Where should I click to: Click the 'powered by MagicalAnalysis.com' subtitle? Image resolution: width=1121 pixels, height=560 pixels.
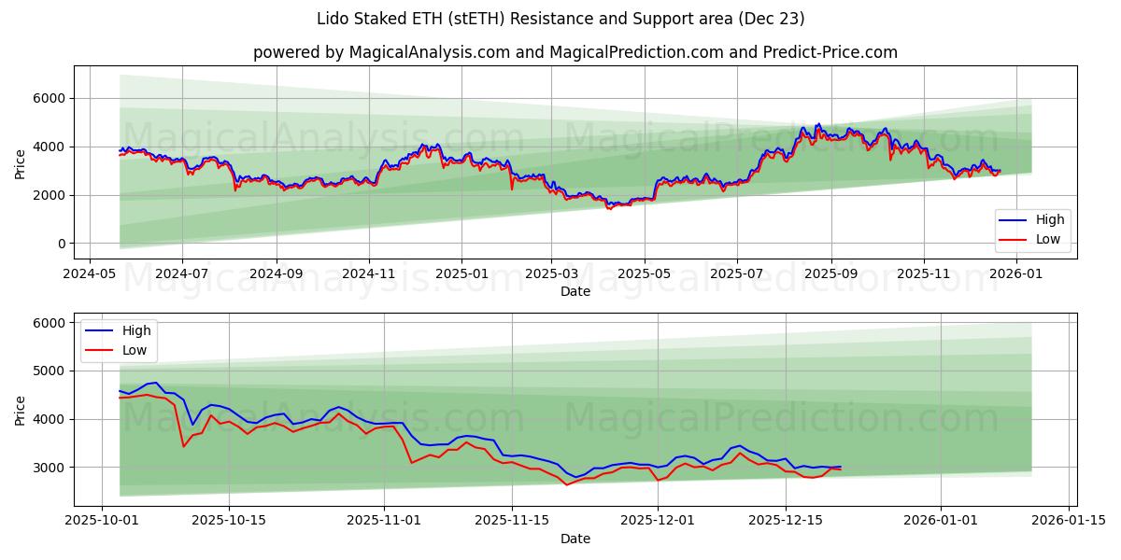[x=575, y=52]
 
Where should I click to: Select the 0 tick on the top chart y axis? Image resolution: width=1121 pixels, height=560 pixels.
[x=62, y=244]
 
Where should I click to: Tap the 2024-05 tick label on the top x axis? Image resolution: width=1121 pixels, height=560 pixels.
[x=89, y=275]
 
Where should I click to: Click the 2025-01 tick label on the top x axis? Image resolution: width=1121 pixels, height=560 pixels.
[x=461, y=275]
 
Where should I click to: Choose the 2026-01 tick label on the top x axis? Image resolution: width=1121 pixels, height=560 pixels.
[x=1015, y=275]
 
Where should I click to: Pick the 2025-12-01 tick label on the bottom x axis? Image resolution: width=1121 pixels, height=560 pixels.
[x=658, y=520]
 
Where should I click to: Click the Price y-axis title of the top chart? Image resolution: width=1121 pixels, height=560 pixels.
[x=21, y=163]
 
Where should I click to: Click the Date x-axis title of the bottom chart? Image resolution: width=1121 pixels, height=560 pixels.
[x=575, y=539]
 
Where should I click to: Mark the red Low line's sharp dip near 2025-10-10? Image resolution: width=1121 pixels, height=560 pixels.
[x=183, y=446]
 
